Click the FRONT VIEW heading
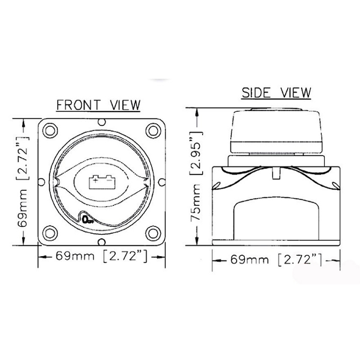(x=98, y=105)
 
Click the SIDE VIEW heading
(x=276, y=92)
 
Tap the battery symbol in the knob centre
(x=102, y=182)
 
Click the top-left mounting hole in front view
(x=50, y=131)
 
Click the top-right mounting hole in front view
(x=153, y=131)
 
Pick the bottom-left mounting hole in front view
(x=50, y=233)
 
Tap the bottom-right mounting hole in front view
(x=153, y=233)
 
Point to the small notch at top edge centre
(x=102, y=122)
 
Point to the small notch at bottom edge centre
(x=102, y=242)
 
